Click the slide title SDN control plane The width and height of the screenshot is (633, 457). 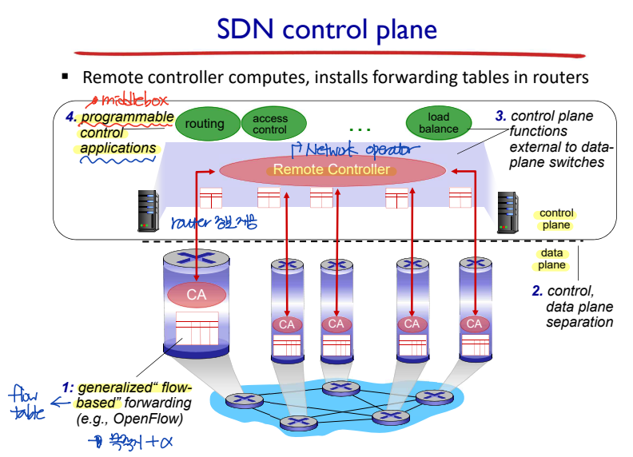pyautogui.click(x=328, y=30)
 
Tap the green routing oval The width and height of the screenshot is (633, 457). pyautogui.click(x=205, y=124)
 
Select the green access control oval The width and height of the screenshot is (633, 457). pyautogui.click(x=269, y=124)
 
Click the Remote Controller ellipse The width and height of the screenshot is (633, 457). pyautogui.click(x=332, y=169)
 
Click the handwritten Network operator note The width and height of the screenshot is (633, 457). pyautogui.click(x=352, y=149)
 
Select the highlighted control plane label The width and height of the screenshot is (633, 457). pyautogui.click(x=556, y=219)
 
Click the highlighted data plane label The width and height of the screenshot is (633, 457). pyautogui.click(x=551, y=259)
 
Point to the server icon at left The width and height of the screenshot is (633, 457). pyautogui.click(x=148, y=211)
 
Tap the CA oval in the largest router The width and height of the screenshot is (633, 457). pyautogui.click(x=196, y=295)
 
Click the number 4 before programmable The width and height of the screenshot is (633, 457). pyautogui.click(x=72, y=117)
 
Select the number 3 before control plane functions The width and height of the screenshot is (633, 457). pyautogui.click(x=500, y=116)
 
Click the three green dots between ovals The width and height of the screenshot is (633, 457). pyautogui.click(x=360, y=129)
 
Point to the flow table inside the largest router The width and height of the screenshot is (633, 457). pyautogui.click(x=196, y=328)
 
